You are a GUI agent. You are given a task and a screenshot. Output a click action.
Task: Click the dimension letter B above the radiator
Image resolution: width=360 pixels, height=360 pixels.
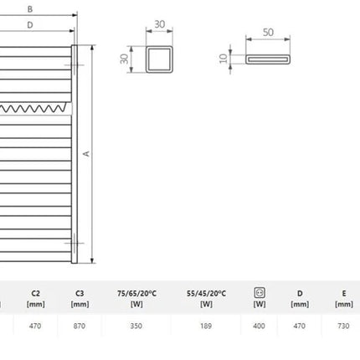click(x=30, y=9)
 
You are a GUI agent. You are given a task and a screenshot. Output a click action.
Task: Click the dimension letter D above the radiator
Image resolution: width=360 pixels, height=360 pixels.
click(x=30, y=25)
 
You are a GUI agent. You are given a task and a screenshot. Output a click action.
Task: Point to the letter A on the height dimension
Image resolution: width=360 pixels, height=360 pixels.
click(x=86, y=154)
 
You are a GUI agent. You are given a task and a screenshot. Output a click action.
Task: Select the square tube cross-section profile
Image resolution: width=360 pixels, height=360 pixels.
click(x=159, y=59)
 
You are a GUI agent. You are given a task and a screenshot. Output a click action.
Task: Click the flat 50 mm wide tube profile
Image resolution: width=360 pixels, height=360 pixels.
click(x=268, y=59)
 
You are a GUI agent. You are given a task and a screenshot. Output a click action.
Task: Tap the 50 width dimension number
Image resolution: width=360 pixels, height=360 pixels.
click(x=268, y=33)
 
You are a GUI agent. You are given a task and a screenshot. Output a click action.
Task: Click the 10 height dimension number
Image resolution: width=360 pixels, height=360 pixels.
click(x=224, y=59)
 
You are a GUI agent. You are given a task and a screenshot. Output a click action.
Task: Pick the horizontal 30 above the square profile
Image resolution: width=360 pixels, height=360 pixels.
click(x=160, y=24)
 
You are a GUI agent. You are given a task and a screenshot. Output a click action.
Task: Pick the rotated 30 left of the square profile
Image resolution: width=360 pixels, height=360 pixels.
click(x=124, y=59)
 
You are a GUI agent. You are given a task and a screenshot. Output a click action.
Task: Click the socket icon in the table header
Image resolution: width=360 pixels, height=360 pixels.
click(x=260, y=293)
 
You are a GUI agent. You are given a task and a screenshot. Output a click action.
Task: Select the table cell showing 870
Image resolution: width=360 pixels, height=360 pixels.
click(x=80, y=326)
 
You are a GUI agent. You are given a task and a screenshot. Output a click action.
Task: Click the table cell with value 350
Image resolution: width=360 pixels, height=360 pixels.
click(x=136, y=326)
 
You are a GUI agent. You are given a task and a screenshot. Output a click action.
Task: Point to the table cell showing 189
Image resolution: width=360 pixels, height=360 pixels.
click(x=206, y=326)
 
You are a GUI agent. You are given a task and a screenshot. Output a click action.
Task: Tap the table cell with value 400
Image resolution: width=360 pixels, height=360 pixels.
click(x=259, y=326)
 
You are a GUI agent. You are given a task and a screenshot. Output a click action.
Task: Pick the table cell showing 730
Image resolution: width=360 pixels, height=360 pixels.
click(x=343, y=326)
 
